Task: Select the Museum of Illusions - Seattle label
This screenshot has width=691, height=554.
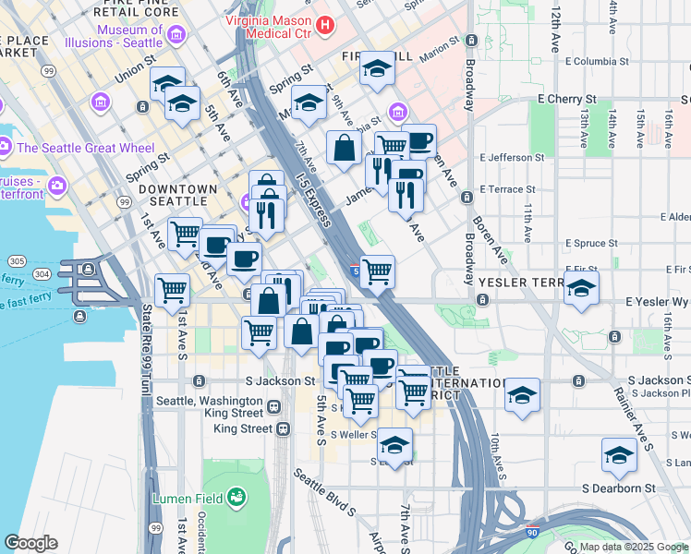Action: click(x=130, y=36)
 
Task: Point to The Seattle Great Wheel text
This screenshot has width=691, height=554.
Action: click(x=85, y=148)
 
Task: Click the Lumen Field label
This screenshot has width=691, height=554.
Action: click(x=188, y=498)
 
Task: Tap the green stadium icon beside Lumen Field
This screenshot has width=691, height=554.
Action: click(x=236, y=497)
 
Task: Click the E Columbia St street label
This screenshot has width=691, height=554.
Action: click(x=595, y=62)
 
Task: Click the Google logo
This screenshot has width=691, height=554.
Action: click(x=30, y=542)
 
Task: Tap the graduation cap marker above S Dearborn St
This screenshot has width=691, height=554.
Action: click(x=618, y=454)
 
